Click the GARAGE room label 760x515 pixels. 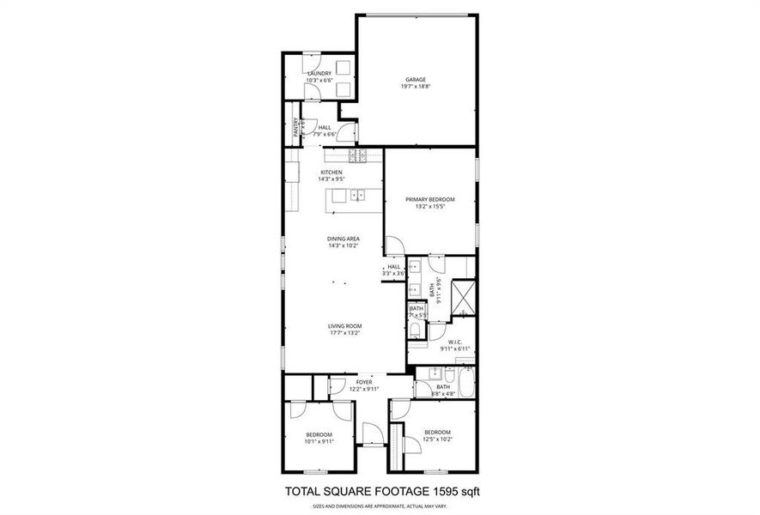416,80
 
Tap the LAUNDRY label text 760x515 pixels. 319,74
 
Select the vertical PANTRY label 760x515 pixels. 297,127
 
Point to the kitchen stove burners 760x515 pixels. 357,155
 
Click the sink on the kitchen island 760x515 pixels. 357,196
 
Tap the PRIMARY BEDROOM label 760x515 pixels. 429,199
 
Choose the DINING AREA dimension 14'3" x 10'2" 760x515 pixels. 343,245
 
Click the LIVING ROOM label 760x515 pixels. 343,325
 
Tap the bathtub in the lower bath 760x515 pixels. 465,383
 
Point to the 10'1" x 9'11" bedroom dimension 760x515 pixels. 319,442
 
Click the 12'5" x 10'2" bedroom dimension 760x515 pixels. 436,439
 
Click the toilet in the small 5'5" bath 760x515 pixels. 416,330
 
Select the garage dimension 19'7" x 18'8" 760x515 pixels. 416,87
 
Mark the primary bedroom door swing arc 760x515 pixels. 392,245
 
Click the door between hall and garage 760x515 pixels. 349,132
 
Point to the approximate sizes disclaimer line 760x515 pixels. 380,507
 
